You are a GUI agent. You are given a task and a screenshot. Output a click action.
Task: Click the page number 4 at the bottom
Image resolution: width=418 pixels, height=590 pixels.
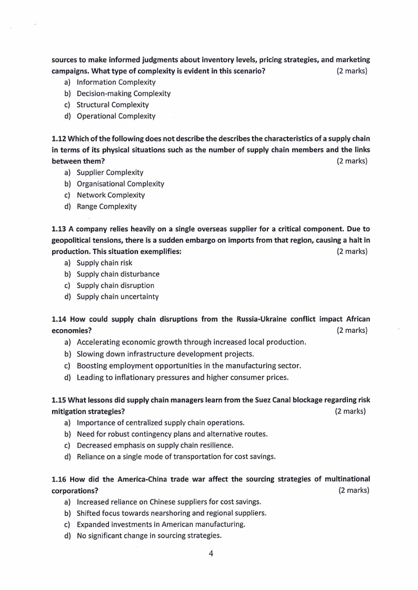tap(210, 553)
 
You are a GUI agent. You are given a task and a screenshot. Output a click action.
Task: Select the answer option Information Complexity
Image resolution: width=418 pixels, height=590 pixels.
tap(116, 82)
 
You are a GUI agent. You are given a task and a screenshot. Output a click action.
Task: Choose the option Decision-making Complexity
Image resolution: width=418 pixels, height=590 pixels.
tap(124, 94)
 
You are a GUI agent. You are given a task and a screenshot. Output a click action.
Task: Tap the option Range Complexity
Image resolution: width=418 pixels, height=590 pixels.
tap(106, 207)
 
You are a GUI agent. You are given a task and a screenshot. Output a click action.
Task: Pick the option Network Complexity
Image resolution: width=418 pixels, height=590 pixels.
tap(111, 195)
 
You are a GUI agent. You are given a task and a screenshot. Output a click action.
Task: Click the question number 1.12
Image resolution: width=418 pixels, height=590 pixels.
tap(59, 138)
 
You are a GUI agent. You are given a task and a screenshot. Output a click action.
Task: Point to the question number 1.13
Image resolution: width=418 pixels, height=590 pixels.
tap(59, 229)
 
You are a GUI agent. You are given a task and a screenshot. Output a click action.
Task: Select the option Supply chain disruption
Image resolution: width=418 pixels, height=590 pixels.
tap(115, 286)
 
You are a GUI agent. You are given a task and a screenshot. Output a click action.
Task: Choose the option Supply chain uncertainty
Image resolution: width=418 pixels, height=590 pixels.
tap(117, 297)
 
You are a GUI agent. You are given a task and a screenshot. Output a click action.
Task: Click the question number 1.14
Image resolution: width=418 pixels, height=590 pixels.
tap(59, 319)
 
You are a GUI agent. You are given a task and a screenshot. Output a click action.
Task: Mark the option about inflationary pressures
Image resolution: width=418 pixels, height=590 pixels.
tap(182, 377)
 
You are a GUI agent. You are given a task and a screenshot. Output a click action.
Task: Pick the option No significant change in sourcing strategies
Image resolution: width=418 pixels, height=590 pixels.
tap(149, 536)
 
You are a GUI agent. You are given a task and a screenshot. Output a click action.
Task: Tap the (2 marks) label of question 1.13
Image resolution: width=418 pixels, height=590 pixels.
tap(352, 251)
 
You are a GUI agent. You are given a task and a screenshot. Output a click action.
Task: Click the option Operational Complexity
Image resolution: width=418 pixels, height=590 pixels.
tap(116, 116)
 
